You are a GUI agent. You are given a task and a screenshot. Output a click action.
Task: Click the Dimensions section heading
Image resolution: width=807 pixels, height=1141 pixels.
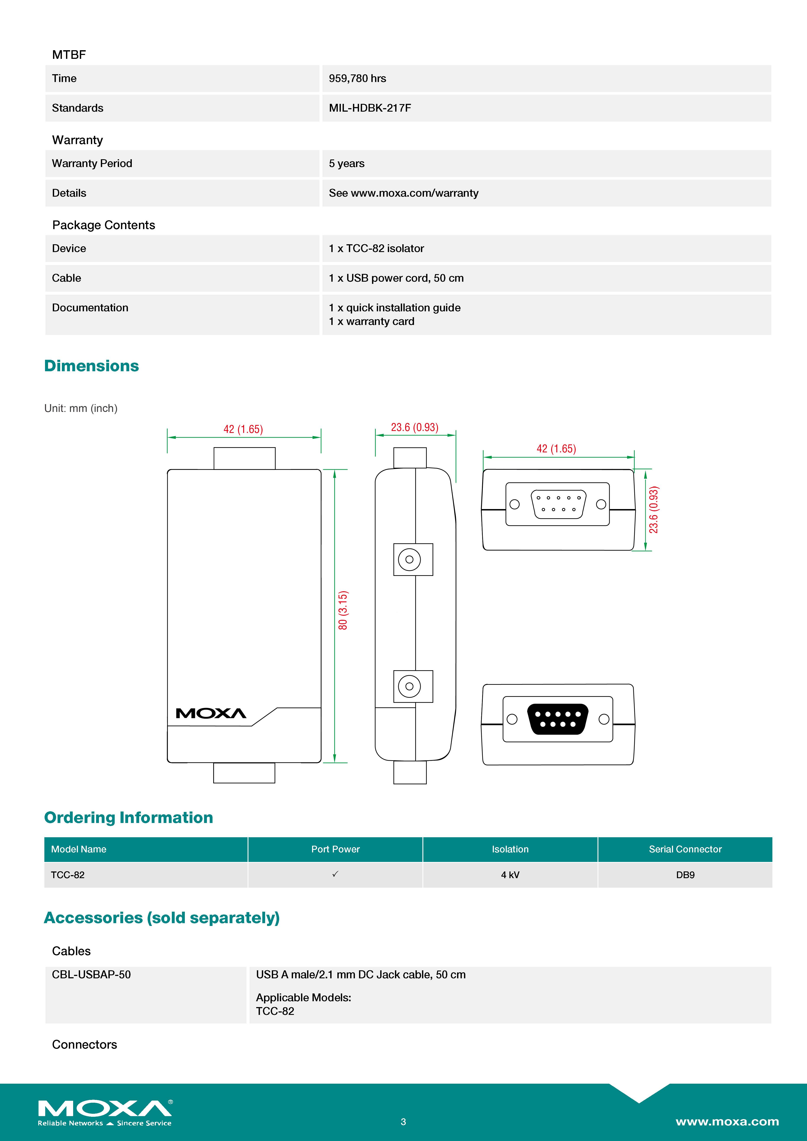point(92,366)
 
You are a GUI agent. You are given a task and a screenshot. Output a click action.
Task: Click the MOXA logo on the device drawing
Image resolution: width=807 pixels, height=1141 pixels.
point(211,714)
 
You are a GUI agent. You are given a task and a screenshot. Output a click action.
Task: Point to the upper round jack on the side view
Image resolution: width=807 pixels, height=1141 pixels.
point(409,559)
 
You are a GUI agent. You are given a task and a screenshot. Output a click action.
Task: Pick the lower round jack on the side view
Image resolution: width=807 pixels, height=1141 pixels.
point(409,686)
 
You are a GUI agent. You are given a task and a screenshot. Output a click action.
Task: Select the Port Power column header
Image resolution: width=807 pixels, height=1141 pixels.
point(335,849)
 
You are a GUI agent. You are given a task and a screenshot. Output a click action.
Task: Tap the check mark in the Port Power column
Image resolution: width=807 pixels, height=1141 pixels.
point(335,874)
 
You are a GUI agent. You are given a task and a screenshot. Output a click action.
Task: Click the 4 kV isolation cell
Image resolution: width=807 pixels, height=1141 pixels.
point(510,875)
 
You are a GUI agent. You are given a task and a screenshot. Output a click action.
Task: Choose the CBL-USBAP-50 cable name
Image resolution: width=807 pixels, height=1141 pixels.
point(91,974)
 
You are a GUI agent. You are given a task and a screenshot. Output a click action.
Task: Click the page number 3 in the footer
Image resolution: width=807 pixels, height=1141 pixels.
point(403,1122)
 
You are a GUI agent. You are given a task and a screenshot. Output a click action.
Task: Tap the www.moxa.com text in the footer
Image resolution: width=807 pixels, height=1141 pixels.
point(727,1122)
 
